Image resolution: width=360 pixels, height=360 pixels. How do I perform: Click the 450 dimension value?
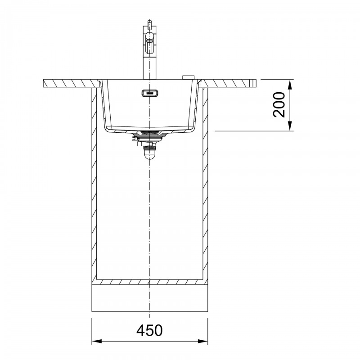coord(149,330)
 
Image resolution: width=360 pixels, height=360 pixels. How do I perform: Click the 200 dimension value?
coord(279,105)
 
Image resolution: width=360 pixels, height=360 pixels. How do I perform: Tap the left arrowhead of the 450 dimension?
coord(97,341)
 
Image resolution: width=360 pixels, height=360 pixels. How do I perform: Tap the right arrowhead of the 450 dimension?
coord(202,341)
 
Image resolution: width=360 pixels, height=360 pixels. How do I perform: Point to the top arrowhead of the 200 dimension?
coord(290,85)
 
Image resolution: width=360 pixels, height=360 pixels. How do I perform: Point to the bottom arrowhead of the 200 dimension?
coord(290,126)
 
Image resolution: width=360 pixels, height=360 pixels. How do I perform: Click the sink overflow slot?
coord(149,93)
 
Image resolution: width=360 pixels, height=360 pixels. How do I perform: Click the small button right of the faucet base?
coord(188,77)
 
